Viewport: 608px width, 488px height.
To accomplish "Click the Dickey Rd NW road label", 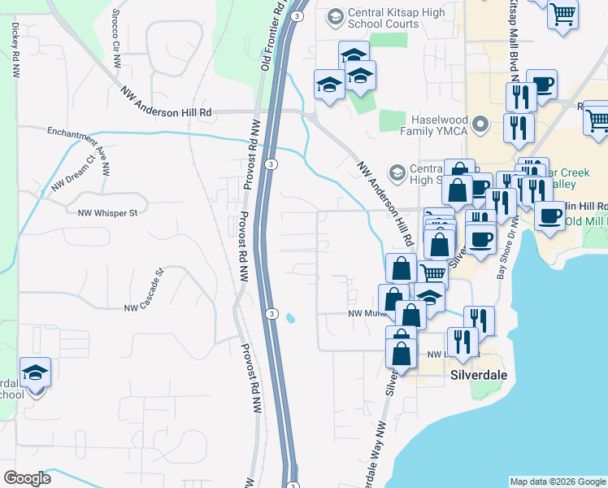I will pos(15,50).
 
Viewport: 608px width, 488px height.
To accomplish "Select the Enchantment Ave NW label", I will pos(78,144).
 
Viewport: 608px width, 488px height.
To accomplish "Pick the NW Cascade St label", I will pos(144,290).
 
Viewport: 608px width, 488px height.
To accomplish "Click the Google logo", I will pos(28,478).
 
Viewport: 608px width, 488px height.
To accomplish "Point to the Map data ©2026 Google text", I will pos(557,481).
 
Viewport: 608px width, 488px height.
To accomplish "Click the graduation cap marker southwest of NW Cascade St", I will pos(35,373).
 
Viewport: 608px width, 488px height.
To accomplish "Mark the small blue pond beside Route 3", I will pos(290,317).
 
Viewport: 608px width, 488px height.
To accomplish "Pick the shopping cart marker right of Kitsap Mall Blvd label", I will pos(562,14).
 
